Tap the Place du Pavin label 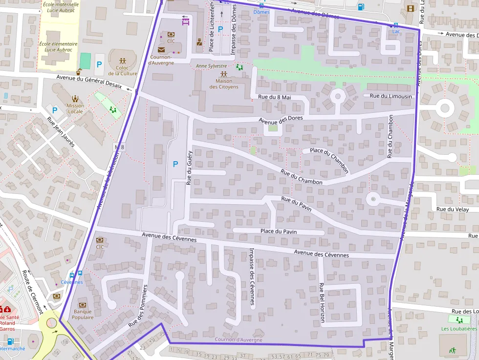(279, 232)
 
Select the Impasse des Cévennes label (252, 276)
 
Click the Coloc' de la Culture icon (122, 62)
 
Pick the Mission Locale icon (75, 98)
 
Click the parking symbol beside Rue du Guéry (175, 165)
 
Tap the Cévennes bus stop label (72, 282)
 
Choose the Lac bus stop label (396, 31)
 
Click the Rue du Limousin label (391, 96)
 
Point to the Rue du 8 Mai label (274, 97)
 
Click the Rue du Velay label (452, 210)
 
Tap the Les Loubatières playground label (459, 329)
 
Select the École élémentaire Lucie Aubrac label (58, 47)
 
